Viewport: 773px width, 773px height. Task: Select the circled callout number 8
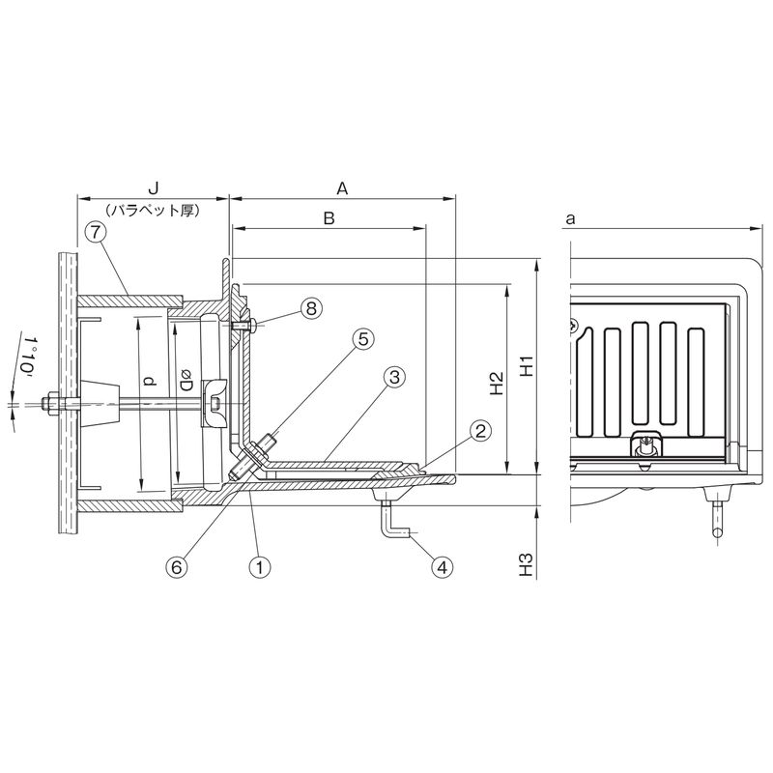(x=311, y=308)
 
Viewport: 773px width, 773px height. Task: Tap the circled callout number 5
(x=363, y=339)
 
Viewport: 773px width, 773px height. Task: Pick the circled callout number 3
(x=394, y=378)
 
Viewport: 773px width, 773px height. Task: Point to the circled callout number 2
(x=480, y=431)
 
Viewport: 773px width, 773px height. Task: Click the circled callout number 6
(x=177, y=567)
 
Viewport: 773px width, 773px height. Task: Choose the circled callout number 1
(x=260, y=567)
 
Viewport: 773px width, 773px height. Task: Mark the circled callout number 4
(x=442, y=567)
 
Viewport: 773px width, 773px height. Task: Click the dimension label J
(x=154, y=188)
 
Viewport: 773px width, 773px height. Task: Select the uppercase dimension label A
(x=342, y=188)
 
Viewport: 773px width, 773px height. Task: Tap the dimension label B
(x=329, y=218)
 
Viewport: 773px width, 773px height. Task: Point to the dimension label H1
(x=527, y=365)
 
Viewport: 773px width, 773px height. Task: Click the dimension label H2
(x=497, y=383)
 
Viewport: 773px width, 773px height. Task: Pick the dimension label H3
(x=527, y=565)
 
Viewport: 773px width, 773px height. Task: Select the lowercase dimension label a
(x=570, y=219)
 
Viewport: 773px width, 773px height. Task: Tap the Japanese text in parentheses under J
(x=154, y=211)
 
